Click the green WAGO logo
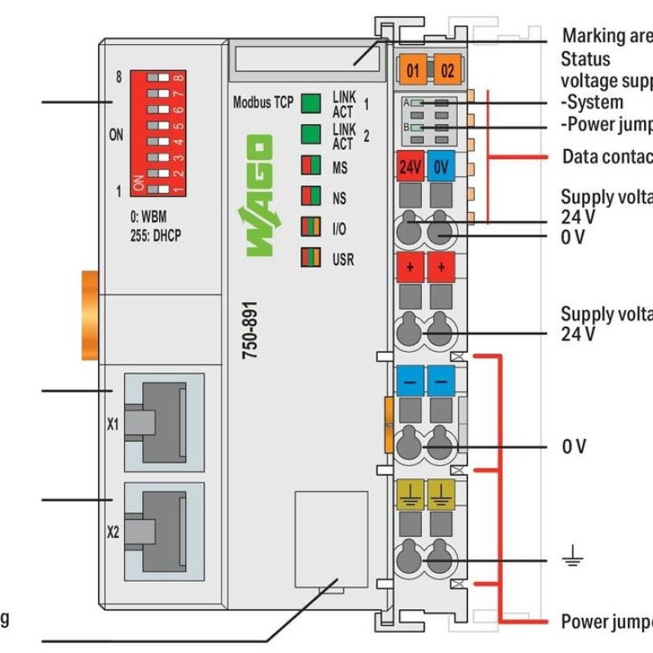tap(256, 197)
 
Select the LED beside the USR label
tap(310, 259)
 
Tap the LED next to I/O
tap(310, 228)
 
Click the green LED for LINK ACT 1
tap(310, 103)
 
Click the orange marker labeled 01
tap(412, 70)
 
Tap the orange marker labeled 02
tap(447, 70)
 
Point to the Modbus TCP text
tap(263, 103)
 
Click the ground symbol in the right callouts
tap(572, 559)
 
